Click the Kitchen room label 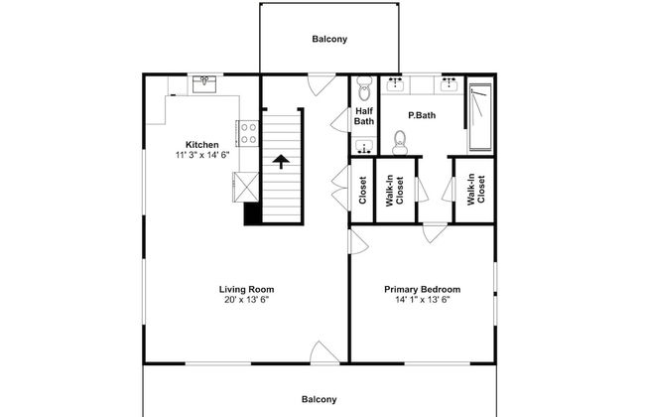click(x=202, y=145)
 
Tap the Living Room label click(x=246, y=289)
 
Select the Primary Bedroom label click(x=423, y=290)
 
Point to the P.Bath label click(x=422, y=115)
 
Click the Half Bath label click(x=364, y=116)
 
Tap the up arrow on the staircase click(x=281, y=162)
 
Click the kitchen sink click(x=204, y=84)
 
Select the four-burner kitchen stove click(x=248, y=133)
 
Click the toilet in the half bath click(x=364, y=87)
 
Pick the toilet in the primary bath click(x=399, y=143)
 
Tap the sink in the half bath click(x=364, y=147)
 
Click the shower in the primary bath click(x=480, y=117)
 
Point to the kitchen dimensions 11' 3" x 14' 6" click(x=202, y=155)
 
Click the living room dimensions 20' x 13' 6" click(x=246, y=300)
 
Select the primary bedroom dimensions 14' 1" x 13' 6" click(x=423, y=300)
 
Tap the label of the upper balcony click(x=329, y=39)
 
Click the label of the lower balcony click(x=320, y=399)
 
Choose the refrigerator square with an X click(x=246, y=188)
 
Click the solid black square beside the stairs click(x=253, y=213)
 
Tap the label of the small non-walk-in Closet click(x=362, y=191)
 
